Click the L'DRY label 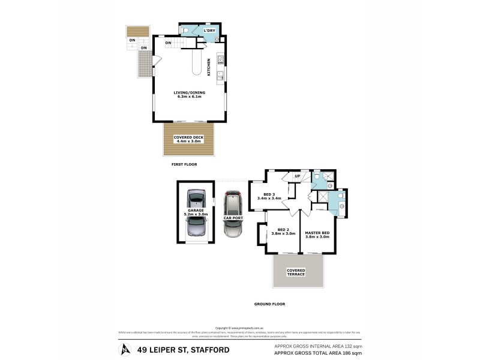[209, 30]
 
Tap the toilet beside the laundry [185, 30]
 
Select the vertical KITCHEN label [209, 67]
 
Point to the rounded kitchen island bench [196, 64]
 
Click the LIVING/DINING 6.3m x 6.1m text [189, 94]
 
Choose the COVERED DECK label [188, 139]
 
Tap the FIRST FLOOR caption [184, 164]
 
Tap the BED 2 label [283, 232]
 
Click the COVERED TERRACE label [296, 272]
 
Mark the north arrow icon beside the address [125, 349]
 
